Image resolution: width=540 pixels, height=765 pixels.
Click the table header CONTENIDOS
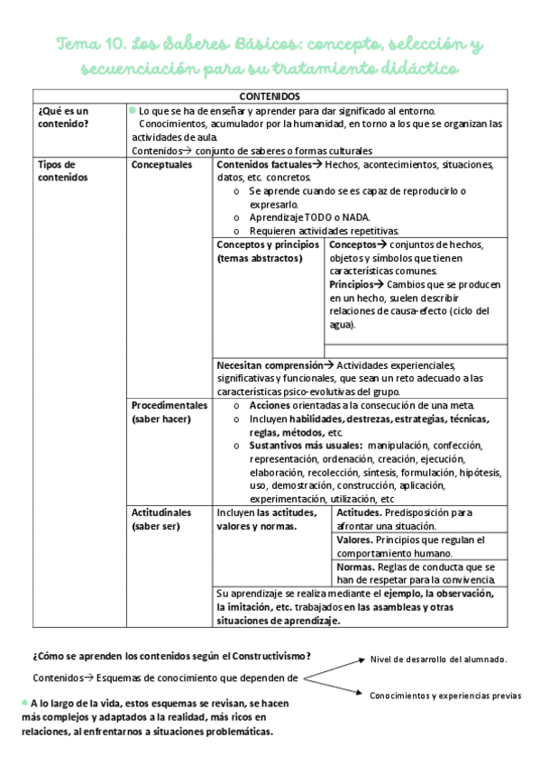270,96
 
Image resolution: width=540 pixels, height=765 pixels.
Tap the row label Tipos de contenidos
59,171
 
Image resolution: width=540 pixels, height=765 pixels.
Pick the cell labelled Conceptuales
162,165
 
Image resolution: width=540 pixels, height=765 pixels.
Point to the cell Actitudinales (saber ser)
162,519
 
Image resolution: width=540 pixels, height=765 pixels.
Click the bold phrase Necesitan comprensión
270,365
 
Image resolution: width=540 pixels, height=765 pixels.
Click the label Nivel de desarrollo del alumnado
438,659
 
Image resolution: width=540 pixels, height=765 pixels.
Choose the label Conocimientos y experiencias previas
445,696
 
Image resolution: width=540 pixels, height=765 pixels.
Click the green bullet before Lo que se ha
133,109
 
